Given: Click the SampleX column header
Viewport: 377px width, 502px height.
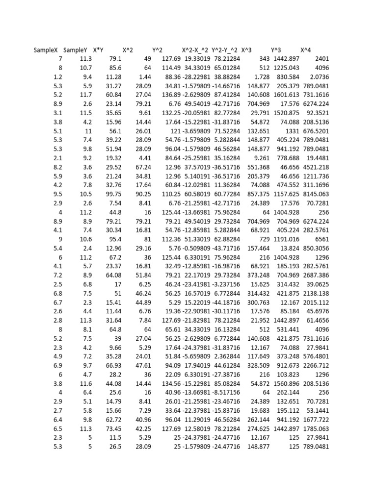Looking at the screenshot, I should coord(46,50).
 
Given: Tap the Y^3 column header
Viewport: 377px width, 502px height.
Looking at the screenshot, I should coord(276,50).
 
